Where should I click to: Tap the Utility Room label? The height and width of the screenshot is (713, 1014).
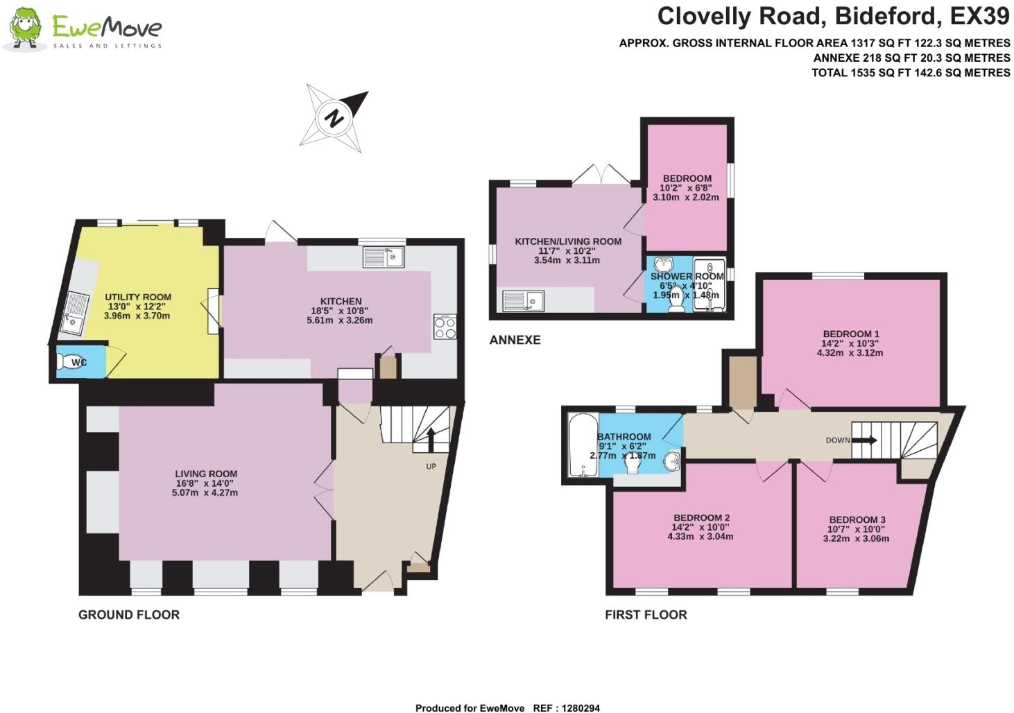(x=138, y=297)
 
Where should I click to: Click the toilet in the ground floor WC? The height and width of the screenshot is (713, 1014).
(x=70, y=362)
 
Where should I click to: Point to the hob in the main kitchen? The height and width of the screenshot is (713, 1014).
(x=445, y=327)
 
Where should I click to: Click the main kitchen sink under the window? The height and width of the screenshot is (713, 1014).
(x=384, y=257)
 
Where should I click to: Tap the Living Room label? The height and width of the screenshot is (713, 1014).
(x=206, y=474)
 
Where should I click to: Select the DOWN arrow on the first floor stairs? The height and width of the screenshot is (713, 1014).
(x=864, y=440)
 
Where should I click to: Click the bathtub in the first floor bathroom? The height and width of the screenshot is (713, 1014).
(x=579, y=445)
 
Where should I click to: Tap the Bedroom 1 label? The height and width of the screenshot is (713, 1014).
(x=850, y=334)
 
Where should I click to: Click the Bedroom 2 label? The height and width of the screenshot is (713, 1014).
(x=701, y=517)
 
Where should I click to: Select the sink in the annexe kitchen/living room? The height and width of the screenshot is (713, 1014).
(x=524, y=301)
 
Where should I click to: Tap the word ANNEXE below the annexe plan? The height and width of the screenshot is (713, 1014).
(x=515, y=340)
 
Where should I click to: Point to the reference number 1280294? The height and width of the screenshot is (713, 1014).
(x=577, y=708)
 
